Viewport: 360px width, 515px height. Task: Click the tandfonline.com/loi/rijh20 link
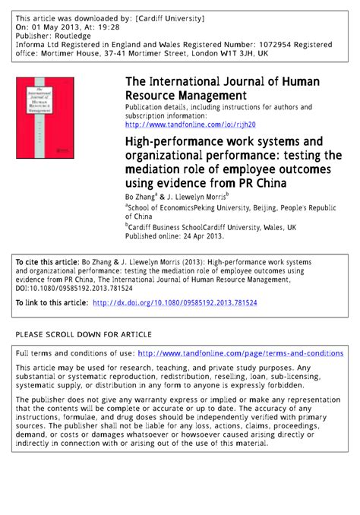pyautogui.click(x=191, y=124)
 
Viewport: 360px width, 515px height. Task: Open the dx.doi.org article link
pyautogui.click(x=175, y=302)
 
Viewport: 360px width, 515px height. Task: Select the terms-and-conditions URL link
pyautogui.click(x=241, y=353)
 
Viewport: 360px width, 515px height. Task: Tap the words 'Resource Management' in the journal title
pyautogui.click(x=186, y=96)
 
